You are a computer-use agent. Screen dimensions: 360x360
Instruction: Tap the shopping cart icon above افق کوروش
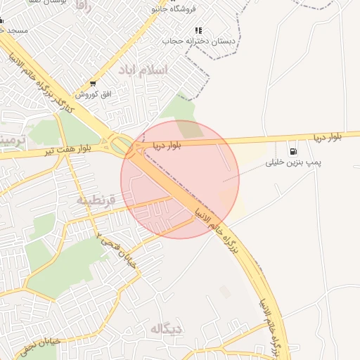94,84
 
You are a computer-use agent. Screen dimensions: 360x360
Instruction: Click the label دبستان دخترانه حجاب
198,41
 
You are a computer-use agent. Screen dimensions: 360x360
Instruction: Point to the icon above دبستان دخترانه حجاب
199,31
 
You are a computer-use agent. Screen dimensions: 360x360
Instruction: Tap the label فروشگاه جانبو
171,9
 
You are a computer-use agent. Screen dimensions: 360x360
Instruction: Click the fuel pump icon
292,151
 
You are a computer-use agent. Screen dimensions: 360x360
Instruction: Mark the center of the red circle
180,179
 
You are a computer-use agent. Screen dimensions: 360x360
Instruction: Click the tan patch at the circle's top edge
188,128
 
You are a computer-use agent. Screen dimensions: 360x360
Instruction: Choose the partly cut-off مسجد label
14,31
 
